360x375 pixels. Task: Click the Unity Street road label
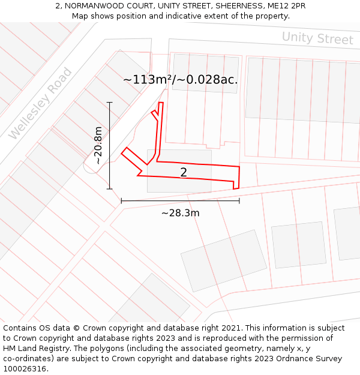[x=317, y=38]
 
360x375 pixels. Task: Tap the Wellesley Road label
[x=41, y=104]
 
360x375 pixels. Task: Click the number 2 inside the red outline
[x=184, y=172]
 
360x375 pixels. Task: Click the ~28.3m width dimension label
[x=180, y=212]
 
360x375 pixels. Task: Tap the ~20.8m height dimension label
[x=98, y=146]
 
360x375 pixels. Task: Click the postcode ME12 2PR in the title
[x=285, y=6]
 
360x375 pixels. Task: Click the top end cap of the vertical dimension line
[x=110, y=103]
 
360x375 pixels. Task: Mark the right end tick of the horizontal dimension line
[x=239, y=200]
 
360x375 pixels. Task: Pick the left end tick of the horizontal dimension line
[x=121, y=200]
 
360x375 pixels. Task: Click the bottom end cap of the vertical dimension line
[x=110, y=189]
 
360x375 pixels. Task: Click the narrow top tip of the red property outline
[x=161, y=103]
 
